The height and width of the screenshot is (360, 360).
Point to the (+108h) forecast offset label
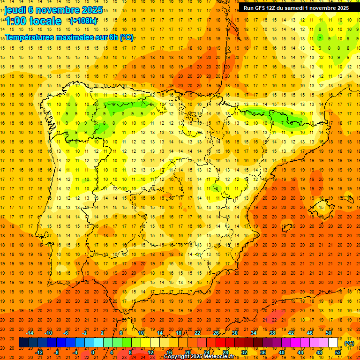coord(83,21)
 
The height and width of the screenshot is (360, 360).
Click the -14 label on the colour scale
coord(30,333)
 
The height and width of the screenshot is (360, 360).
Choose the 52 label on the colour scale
coord(338,352)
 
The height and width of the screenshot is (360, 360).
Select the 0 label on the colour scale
coord(93,352)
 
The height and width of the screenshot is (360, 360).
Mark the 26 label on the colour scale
coord(216,333)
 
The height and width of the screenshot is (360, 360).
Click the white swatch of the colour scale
coord(333,343)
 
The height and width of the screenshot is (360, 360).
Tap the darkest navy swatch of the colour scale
coord(23,343)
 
